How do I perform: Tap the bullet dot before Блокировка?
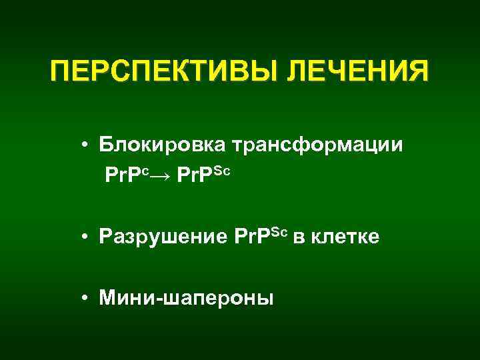pos(87,144)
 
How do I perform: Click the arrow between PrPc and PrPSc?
pos(162,175)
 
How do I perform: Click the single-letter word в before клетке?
pos(298,237)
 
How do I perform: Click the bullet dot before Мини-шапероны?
pos(87,298)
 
